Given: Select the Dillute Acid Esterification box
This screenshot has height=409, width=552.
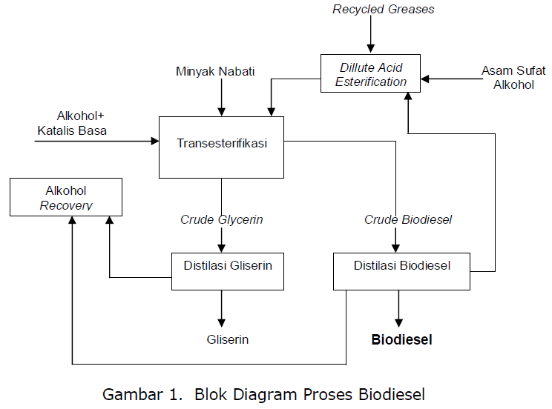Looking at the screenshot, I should [x=370, y=73].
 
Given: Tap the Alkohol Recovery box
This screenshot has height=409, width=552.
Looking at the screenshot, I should [x=65, y=197].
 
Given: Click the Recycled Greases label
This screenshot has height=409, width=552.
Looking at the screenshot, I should [x=383, y=10].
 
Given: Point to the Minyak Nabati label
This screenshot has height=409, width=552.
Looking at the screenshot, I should [x=215, y=72].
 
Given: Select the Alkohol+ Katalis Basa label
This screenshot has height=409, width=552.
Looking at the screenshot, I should [x=72, y=124].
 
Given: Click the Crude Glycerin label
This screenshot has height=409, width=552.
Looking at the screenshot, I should [x=221, y=220].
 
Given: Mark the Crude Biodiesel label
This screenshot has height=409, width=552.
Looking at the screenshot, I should [x=408, y=220].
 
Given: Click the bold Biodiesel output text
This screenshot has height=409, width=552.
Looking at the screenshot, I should [x=401, y=340].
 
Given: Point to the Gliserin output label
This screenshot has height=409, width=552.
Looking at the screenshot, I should [x=227, y=340].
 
